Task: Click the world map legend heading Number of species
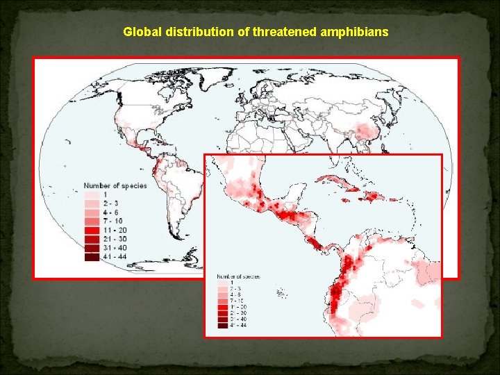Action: [115, 185]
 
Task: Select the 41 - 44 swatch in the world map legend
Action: [92, 257]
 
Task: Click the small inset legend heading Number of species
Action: [239, 276]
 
